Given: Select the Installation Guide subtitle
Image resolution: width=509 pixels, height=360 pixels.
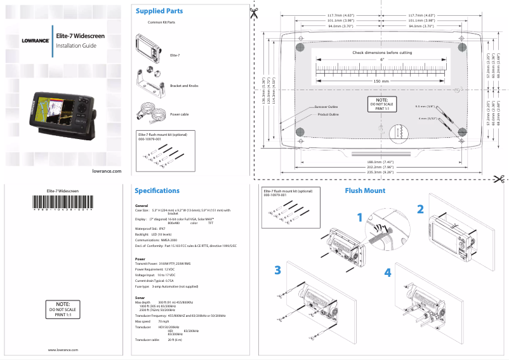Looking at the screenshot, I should click(76, 46).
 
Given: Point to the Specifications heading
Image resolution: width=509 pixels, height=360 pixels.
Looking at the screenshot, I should click(157, 190).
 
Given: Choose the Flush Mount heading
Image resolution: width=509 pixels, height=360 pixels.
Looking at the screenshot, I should click(365, 190).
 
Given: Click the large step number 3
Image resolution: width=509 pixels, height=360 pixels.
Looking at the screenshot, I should click(277, 270).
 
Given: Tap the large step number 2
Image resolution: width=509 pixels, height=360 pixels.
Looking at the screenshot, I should click(420, 209).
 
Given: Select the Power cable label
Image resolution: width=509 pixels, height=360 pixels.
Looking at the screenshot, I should click(180, 114).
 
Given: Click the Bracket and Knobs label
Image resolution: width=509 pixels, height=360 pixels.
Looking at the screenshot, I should click(184, 85).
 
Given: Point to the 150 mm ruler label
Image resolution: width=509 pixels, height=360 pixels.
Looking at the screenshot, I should click(381, 81).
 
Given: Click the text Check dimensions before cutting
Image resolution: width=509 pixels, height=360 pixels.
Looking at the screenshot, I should click(382, 53).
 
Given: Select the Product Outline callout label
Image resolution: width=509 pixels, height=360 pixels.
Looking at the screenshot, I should click(328, 114).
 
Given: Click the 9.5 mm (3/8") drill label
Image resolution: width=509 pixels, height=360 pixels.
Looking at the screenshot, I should click(425, 106).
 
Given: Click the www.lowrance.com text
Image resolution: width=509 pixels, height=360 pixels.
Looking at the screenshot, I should click(63, 350).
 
